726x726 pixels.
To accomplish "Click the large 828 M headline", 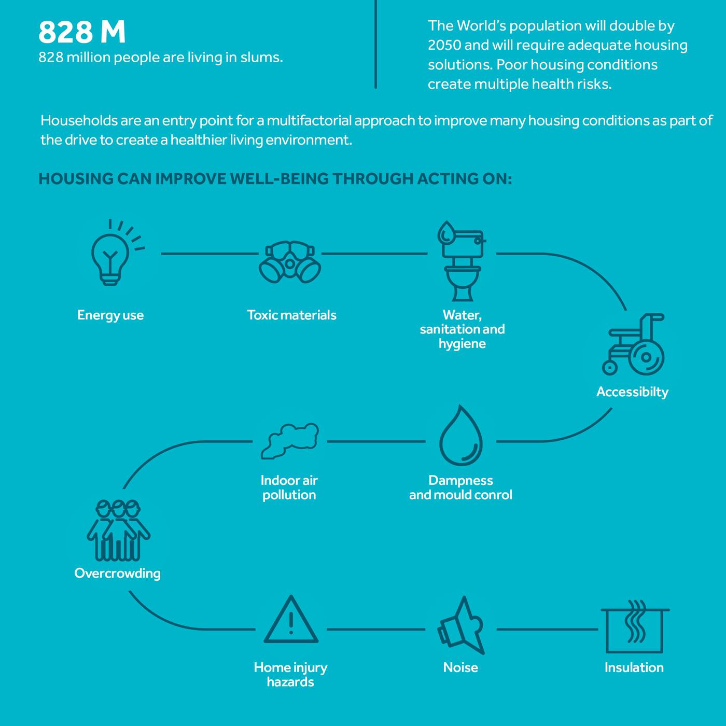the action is pos(82,32).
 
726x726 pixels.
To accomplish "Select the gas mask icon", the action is pos(290,262).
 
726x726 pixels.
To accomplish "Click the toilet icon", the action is pos(462,261).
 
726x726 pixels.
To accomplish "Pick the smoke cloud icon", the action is pos(290,441).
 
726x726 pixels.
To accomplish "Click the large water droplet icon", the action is pos(461,436).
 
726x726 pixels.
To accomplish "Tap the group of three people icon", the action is pos(118,530).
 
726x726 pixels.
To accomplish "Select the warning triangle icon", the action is pos(291,620).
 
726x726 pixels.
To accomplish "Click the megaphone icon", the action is pos(461,625).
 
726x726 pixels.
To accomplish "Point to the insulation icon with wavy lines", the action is pos(635,626).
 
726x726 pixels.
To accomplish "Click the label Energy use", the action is pos(110,315).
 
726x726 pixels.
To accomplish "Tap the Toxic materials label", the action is pos(291,315).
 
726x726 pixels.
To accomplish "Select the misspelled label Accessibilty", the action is pos(633,392).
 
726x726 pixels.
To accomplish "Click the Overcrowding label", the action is pos(118,574).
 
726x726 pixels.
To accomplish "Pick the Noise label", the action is pos(460,667).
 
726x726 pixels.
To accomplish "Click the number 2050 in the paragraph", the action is pos(444,45).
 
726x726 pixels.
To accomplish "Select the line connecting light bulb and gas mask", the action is pos(210,254).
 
